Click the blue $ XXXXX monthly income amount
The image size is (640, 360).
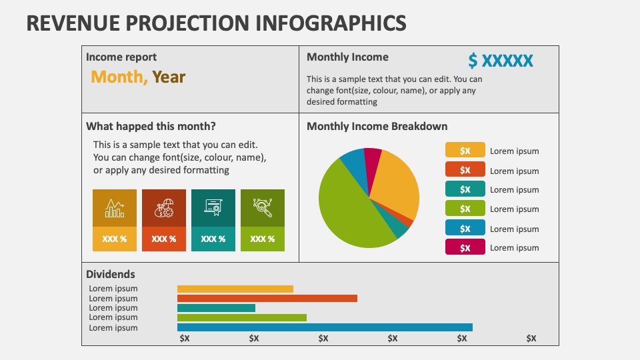[x=500, y=61]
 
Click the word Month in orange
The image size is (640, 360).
[x=119, y=77]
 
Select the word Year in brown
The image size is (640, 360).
[x=169, y=77]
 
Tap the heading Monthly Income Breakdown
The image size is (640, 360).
[x=377, y=126]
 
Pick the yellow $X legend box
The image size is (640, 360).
[x=465, y=151]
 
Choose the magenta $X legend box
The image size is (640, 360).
[x=465, y=247]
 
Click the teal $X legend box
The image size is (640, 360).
[x=465, y=189]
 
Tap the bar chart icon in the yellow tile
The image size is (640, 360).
[x=114, y=208]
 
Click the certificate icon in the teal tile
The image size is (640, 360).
[x=213, y=208]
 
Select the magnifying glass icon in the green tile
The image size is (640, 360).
[x=262, y=208]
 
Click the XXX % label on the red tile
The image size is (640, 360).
[x=163, y=239]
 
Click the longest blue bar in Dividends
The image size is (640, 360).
[x=325, y=327]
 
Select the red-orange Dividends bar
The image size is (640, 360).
[x=267, y=298]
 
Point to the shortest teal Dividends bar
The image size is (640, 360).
[x=216, y=308]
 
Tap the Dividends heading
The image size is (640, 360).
[x=111, y=274]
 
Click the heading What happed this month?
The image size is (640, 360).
[x=151, y=126]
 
